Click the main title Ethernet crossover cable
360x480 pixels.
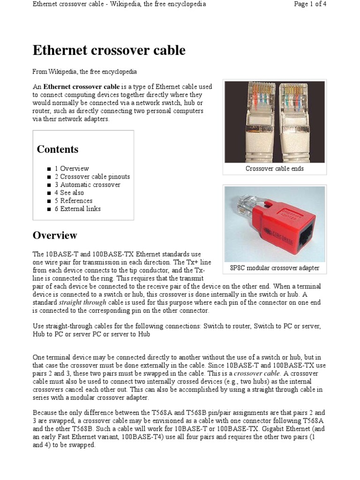coord(109,51)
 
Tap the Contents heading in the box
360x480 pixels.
coord(58,150)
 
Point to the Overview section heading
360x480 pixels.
coord(55,235)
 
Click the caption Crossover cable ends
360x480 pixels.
coord(275,169)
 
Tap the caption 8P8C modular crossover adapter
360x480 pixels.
coord(275,268)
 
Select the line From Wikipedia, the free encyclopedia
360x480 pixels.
coord(84,72)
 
